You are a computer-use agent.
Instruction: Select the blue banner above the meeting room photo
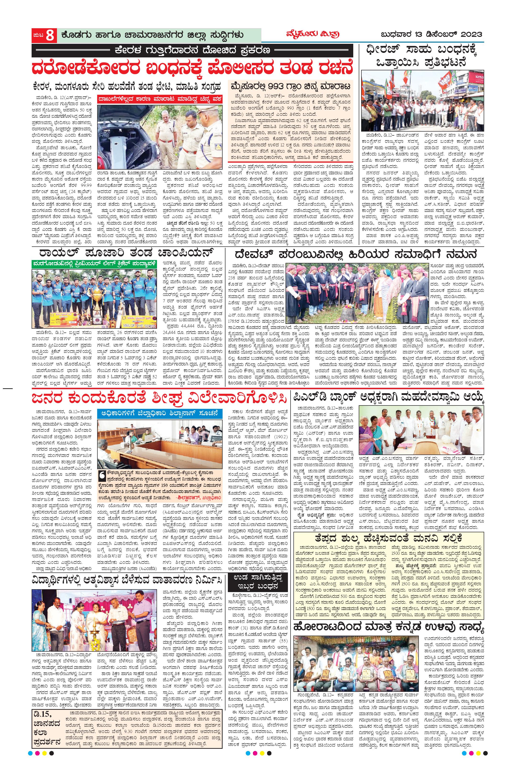pos(159,413)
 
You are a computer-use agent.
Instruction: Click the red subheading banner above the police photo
pos(159,99)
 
